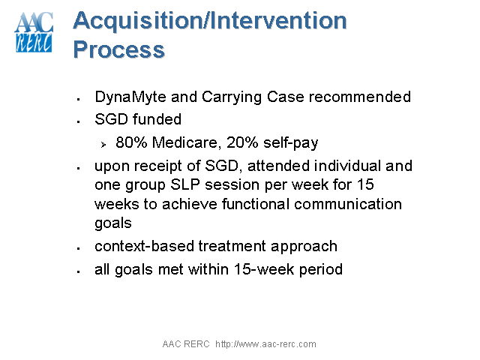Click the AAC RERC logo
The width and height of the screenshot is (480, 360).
[34, 33]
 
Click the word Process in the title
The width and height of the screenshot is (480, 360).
[118, 49]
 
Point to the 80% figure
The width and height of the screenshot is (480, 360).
[130, 142]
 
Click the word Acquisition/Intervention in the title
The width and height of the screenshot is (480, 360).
[210, 21]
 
